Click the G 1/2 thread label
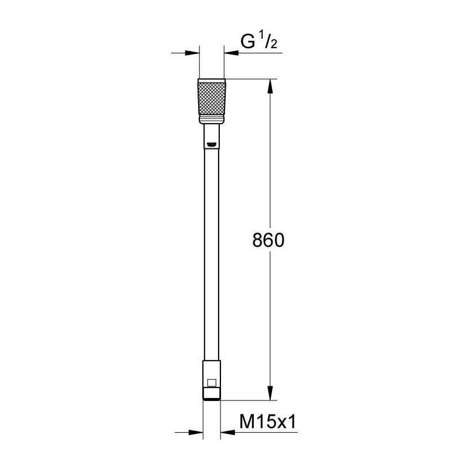coord(259,42)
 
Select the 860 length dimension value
coord(269,240)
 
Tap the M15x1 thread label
coord(268,422)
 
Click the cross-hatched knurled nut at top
coord(212,98)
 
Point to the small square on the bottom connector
coord(212,383)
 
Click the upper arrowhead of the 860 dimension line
coord(270,86)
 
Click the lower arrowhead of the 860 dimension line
coord(270,393)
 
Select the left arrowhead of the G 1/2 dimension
coord(192,53)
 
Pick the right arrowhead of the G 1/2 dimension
coord(231,53)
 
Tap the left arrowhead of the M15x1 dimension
coord(196,432)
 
